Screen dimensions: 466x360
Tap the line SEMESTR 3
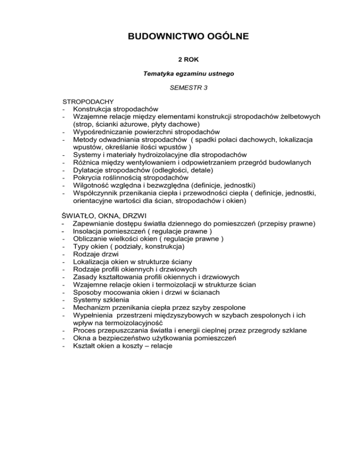click(180, 87)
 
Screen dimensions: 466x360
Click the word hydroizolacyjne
click(152, 155)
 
